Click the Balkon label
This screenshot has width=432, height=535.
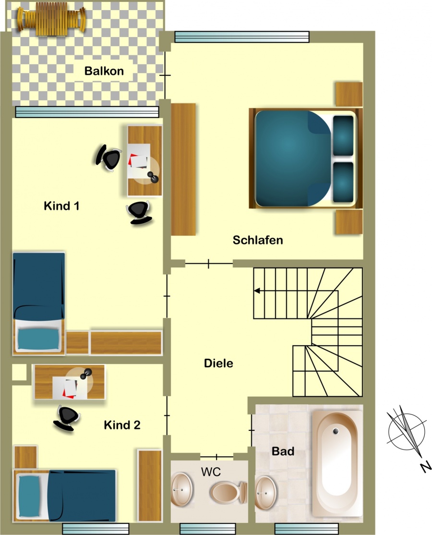[x=104, y=71]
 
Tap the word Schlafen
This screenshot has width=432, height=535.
[x=258, y=240]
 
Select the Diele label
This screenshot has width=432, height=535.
[x=218, y=363]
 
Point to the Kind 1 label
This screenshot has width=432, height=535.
[x=62, y=206]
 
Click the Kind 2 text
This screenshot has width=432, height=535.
[x=122, y=425]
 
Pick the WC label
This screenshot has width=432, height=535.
[x=211, y=472]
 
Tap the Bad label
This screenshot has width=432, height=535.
[x=283, y=451]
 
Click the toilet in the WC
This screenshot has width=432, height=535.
[x=228, y=492]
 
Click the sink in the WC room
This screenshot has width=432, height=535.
[x=182, y=489]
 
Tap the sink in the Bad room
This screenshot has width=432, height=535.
[x=265, y=493]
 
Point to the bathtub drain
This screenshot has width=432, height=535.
[x=336, y=431]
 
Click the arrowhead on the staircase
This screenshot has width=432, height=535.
[x=257, y=291]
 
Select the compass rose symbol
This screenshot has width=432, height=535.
[x=407, y=431]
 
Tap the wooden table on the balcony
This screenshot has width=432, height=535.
[x=51, y=19]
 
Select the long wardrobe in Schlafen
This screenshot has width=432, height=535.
[x=183, y=169]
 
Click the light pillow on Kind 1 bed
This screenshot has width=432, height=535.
[x=38, y=339]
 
